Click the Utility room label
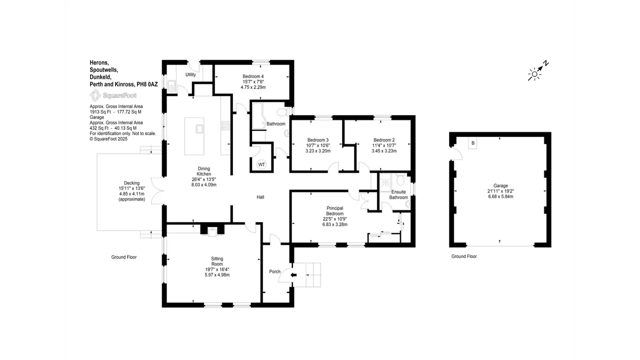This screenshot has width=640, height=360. (x=190, y=74)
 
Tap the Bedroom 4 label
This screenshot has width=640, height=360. (x=253, y=76)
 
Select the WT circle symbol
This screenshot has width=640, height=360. (x=261, y=164)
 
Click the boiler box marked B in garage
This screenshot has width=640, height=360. (x=473, y=143)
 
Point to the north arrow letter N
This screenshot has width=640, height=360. (x=546, y=63)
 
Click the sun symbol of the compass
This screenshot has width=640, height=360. (x=534, y=74)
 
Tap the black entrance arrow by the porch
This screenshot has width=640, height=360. (x=293, y=275)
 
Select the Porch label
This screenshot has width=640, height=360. (x=275, y=271)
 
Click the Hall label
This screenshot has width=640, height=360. (x=260, y=197)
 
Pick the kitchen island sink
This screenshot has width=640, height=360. (x=199, y=129)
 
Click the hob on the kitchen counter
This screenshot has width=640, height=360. (x=225, y=125)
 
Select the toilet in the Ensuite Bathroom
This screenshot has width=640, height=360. (x=400, y=179)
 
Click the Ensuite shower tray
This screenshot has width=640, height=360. (x=385, y=182)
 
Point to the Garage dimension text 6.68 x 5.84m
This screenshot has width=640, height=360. (x=500, y=196)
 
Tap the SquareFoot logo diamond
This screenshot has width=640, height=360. (x=95, y=95)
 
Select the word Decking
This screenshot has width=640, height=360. (x=131, y=183)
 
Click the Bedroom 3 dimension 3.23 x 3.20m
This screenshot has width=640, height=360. (x=318, y=151)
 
